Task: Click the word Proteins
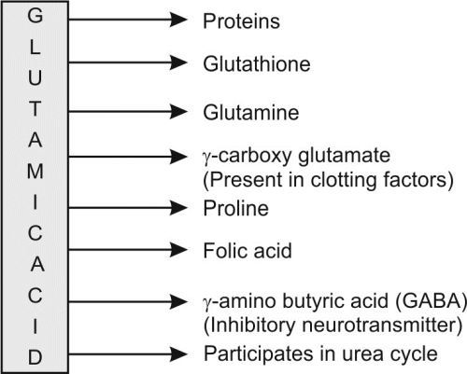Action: click(241, 21)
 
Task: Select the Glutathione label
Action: click(257, 64)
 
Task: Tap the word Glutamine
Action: click(251, 112)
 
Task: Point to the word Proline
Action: click(235, 208)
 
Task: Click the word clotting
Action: click(344, 180)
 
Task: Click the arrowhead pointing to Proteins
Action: click(178, 20)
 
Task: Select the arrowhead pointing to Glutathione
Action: click(178, 62)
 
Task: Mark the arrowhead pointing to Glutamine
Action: click(178, 111)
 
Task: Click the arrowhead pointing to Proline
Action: click(178, 208)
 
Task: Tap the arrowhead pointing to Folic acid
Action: click(178, 250)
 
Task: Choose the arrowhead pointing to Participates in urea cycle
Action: click(178, 354)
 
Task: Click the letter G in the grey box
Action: click(35, 16)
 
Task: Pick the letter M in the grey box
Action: click(35, 171)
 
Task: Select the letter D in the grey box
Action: click(35, 357)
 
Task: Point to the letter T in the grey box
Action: click(35, 109)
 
